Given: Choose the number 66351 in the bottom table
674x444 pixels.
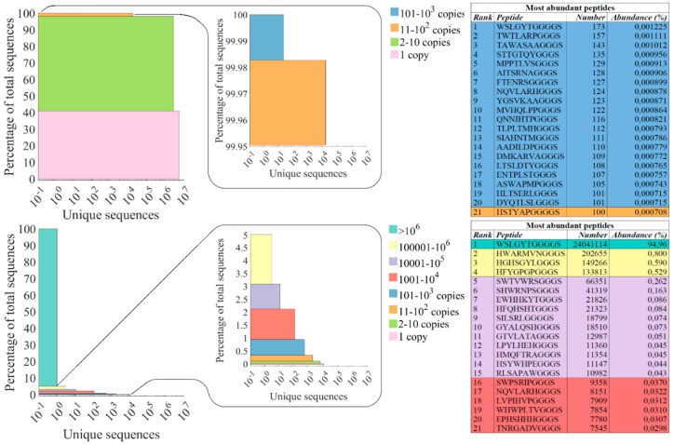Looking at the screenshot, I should (595, 280).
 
